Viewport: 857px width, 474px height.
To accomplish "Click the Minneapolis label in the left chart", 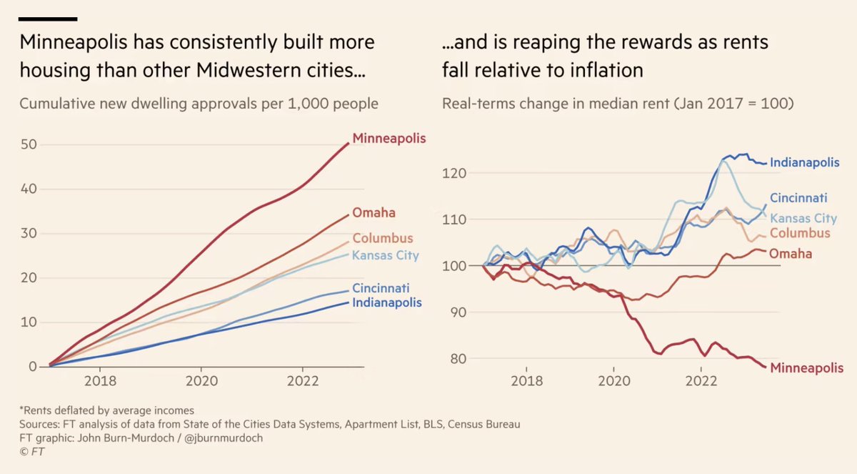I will coord(389,138).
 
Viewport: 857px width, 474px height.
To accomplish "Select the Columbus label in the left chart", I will coord(383,238).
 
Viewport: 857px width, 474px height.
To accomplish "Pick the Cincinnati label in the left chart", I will coord(381,289).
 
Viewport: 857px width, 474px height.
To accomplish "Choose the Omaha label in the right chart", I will coord(791,253).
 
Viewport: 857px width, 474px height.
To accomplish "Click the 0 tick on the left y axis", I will coord(32,367).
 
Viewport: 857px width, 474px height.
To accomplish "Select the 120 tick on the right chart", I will coord(458,173).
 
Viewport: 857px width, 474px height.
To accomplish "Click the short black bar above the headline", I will coord(49,19).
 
